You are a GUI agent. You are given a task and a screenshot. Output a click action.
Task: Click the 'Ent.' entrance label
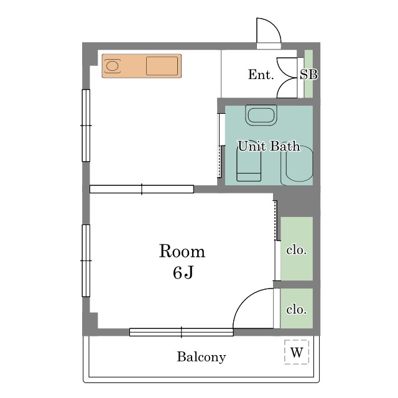coord(261,75)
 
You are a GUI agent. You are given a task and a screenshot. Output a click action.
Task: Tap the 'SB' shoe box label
coord(308,75)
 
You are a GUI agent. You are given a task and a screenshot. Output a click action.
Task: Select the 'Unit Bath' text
coord(269,146)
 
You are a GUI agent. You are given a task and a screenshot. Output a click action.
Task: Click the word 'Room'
coord(182,251)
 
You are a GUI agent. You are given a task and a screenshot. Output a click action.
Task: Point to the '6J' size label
coord(183,272)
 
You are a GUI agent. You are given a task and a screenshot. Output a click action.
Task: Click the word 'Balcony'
coord(201,357)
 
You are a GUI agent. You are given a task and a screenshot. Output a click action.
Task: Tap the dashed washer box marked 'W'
coord(297,352)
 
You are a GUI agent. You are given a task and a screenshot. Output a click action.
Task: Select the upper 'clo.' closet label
coord(297,250)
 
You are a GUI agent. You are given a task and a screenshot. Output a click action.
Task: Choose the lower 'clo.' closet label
coord(297,310)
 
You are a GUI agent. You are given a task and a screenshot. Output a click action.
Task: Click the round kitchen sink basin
coord(112,66)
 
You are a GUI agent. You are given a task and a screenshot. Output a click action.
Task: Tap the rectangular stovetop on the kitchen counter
coord(162,66)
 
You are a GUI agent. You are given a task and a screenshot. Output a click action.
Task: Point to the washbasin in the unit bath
coord(261,115)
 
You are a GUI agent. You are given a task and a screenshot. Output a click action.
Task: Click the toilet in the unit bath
coord(249,164)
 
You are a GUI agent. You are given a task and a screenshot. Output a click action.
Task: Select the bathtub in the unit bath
coord(297,165)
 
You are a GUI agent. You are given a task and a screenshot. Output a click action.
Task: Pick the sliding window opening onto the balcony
coord(182,332)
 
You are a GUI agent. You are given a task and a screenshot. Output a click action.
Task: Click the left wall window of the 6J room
coord(86,261)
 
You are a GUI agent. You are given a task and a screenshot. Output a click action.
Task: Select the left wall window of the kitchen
coord(86,126)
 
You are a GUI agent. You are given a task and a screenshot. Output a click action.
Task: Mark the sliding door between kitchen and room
coord(142,189)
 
